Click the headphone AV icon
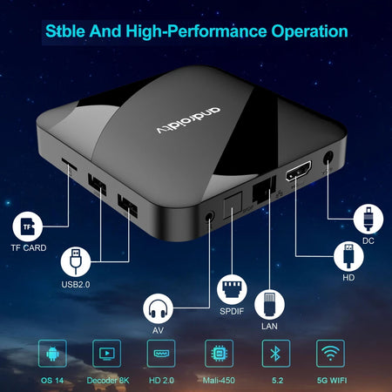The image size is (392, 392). (158, 308)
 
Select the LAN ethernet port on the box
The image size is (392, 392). (261, 193)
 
